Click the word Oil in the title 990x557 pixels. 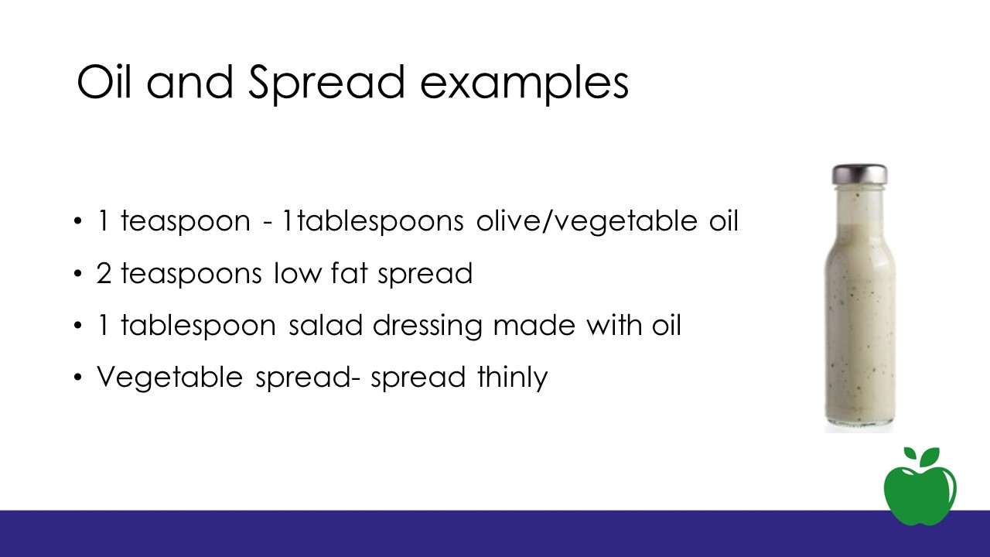104,81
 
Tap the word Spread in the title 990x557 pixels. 326,84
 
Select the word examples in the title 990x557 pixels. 524,84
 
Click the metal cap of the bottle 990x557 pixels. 859,175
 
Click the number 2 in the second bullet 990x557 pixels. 104,273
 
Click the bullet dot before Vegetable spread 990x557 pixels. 78,377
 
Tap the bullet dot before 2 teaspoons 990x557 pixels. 78,273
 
